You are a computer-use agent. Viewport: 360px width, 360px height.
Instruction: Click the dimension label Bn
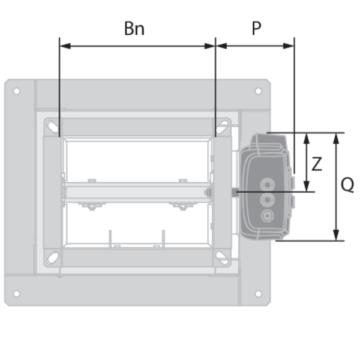click(x=134, y=28)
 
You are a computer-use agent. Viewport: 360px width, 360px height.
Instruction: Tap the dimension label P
click(x=256, y=28)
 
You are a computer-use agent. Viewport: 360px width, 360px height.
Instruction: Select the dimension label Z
click(x=317, y=164)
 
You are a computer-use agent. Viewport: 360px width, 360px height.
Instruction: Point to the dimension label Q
click(x=347, y=185)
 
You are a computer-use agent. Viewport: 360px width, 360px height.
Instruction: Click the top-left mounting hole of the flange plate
click(x=17, y=91)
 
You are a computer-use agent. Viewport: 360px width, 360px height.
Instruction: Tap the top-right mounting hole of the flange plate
click(x=258, y=91)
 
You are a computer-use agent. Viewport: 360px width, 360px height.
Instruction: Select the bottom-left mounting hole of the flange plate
click(x=17, y=293)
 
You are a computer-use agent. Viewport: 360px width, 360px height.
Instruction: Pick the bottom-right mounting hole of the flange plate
click(x=258, y=293)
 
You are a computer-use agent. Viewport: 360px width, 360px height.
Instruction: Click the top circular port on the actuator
click(x=267, y=185)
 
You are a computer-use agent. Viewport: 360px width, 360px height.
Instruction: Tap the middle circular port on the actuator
click(x=267, y=200)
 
